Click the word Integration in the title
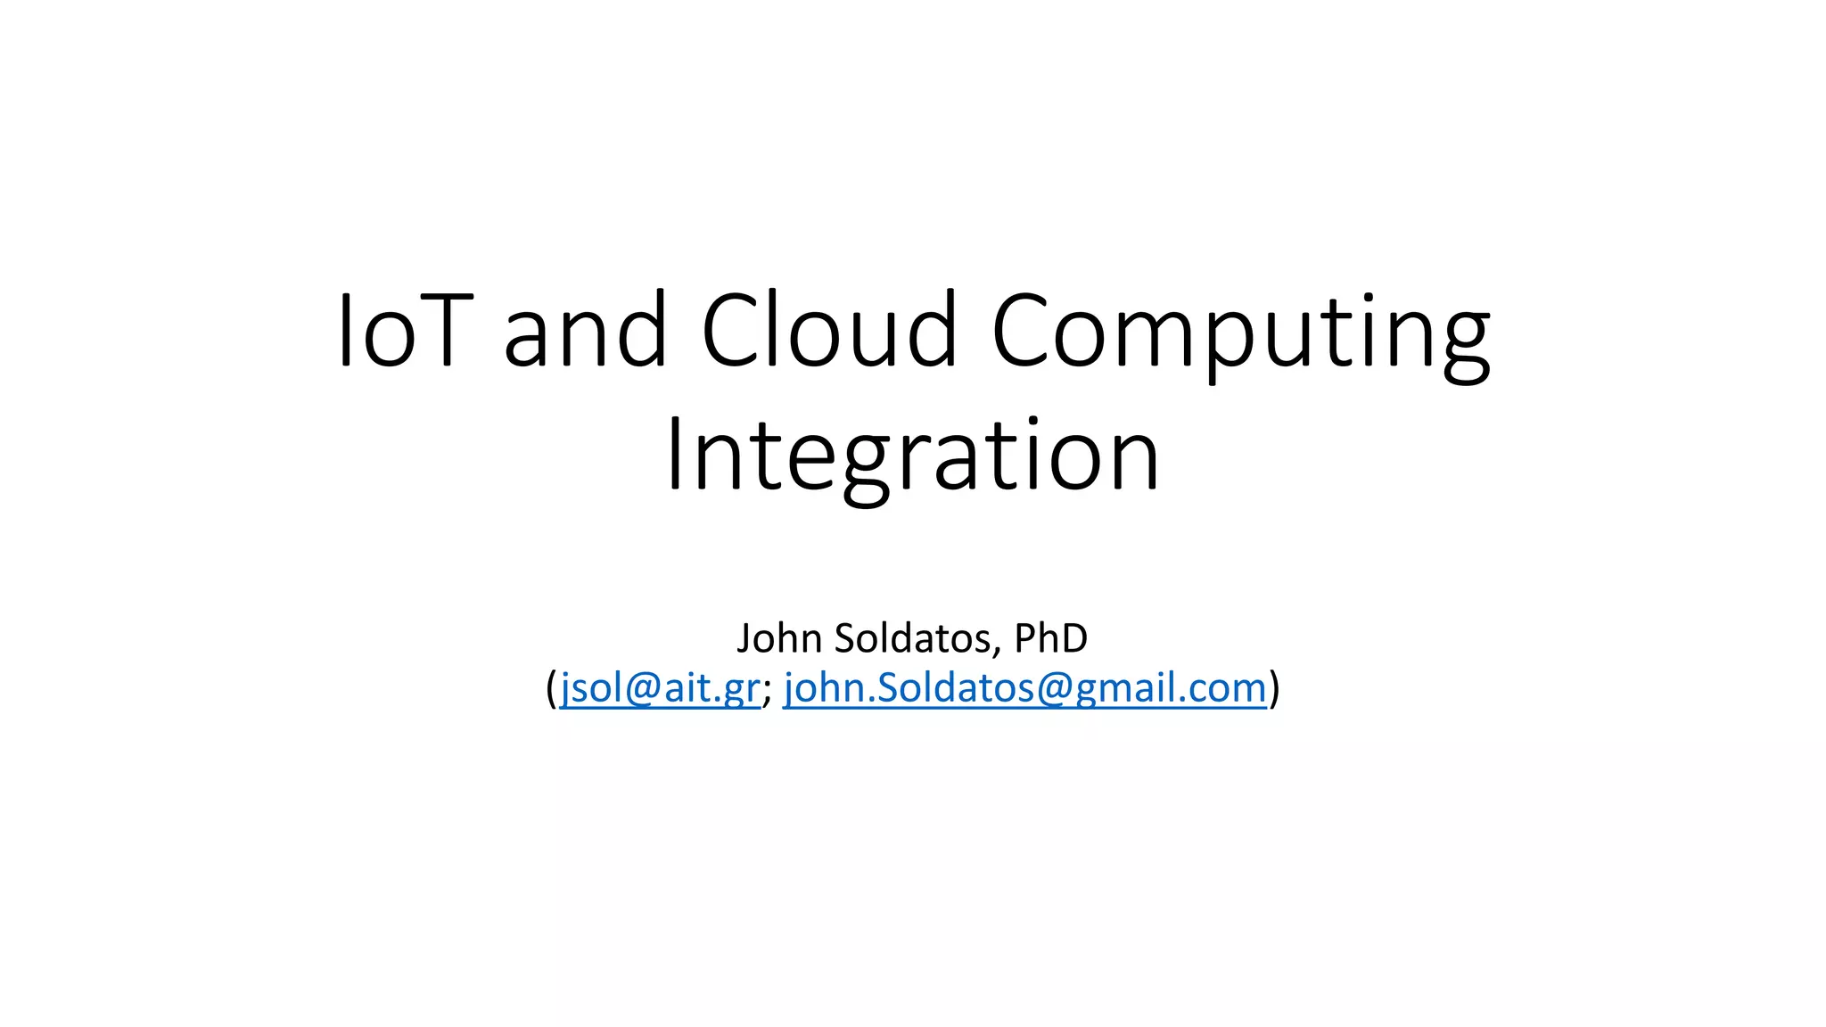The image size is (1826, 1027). pos(912,456)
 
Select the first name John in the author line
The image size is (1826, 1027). pos(778,638)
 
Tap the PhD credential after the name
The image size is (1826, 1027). pos(1051,638)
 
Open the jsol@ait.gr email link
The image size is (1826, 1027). pos(660,688)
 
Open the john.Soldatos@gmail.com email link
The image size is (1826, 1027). pos(1025,688)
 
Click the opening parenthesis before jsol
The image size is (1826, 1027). pos(551,689)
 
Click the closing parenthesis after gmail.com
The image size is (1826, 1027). pos(1275,689)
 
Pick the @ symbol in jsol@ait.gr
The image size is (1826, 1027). pos(645,689)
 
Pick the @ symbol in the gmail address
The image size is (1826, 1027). pos(1056,689)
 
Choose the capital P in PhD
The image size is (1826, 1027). pos(1024,638)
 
